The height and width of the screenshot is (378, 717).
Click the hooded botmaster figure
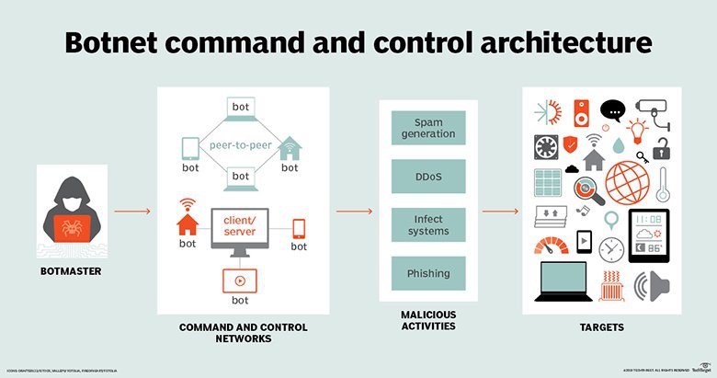click(x=74, y=216)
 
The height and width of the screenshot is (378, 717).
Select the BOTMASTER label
click(x=74, y=273)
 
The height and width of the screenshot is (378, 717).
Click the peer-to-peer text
click(x=239, y=145)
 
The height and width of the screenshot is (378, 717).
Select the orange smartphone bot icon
click(x=299, y=228)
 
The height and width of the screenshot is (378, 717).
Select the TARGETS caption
click(x=602, y=327)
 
